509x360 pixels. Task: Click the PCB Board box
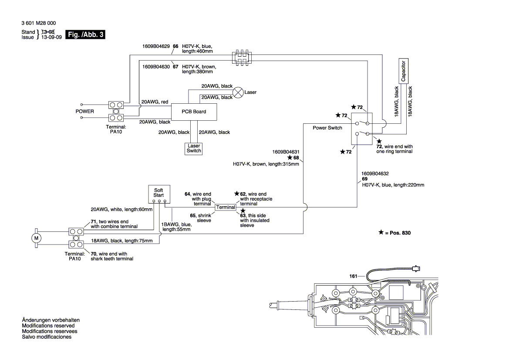pos(194,112)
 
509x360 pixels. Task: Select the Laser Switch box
pos(194,148)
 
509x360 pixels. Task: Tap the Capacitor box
pos(403,71)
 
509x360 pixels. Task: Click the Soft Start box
pos(158,193)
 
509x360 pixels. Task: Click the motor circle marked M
pos(36,238)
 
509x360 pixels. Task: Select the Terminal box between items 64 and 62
pos(226,207)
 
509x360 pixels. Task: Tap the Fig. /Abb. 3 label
pos(85,34)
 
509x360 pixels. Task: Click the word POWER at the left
pos(84,111)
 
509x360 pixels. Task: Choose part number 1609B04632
pos(375,173)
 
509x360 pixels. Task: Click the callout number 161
pos(353,276)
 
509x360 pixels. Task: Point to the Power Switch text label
pos(327,128)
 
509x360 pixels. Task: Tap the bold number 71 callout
pos(93,221)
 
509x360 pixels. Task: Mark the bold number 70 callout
pos(93,254)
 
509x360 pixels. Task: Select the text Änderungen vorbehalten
pos(51,320)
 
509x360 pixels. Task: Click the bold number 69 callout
pos(364,179)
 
